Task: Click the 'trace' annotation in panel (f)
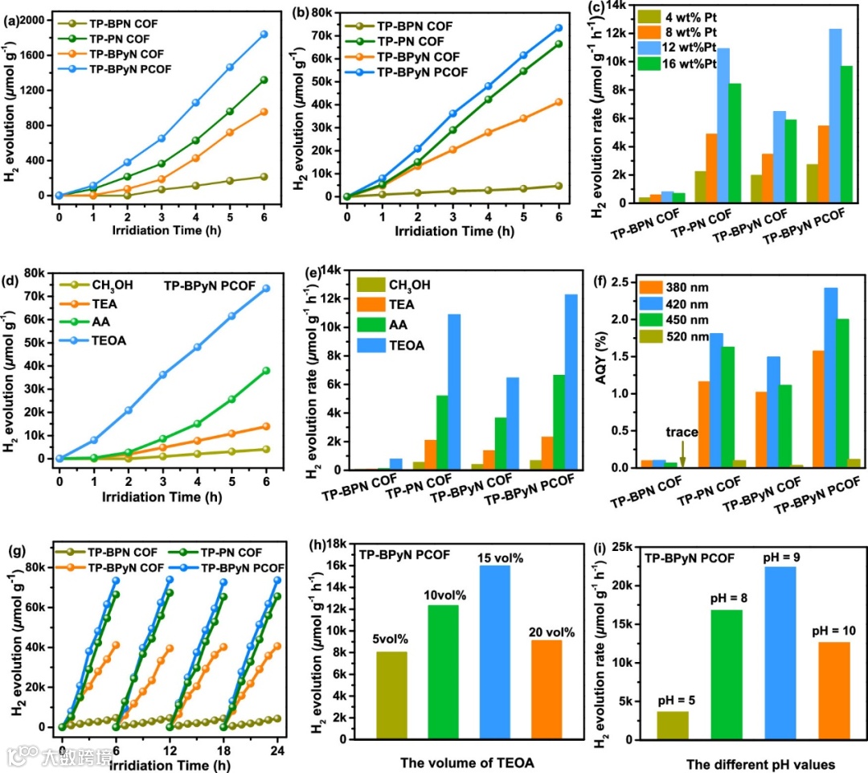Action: point(682,432)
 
